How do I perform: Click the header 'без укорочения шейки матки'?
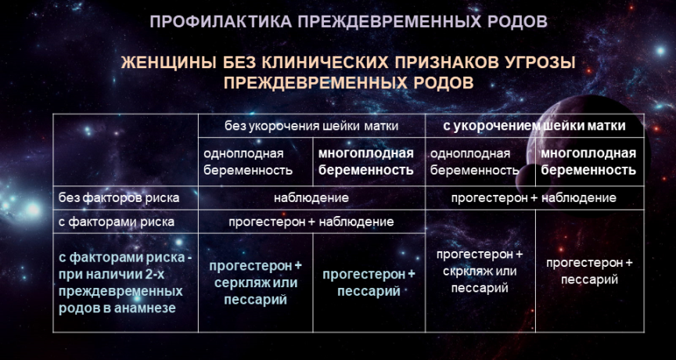pyautogui.click(x=311, y=126)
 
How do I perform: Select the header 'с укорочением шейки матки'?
pyautogui.click(x=534, y=126)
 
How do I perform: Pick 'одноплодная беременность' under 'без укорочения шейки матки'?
pyautogui.click(x=248, y=162)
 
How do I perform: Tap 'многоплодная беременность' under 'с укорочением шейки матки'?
pyautogui.click(x=588, y=162)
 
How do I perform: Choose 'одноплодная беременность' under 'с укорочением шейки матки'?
pyautogui.click(x=475, y=162)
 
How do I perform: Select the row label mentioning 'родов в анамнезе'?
pyautogui.click(x=125, y=283)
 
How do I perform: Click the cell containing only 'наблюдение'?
pyautogui.click(x=311, y=198)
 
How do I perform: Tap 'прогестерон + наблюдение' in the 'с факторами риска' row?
pyautogui.click(x=311, y=222)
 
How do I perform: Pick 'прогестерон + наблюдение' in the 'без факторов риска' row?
pyautogui.click(x=534, y=198)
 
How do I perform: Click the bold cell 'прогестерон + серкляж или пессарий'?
pyautogui.click(x=256, y=283)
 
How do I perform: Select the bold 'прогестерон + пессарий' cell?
pyautogui.click(x=369, y=283)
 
